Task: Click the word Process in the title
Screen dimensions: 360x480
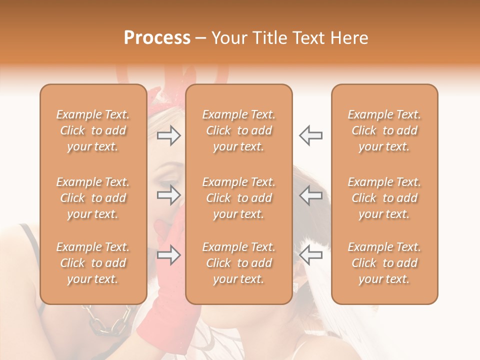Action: click(x=157, y=38)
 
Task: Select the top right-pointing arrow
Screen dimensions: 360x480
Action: click(x=168, y=135)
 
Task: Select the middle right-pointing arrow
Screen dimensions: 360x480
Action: click(x=168, y=195)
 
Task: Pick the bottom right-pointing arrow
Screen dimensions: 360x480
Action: click(x=168, y=255)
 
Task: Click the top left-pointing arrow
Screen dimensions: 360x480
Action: click(x=311, y=135)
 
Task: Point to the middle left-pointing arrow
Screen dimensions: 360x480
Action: click(x=311, y=195)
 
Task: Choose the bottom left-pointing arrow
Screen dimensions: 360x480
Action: click(x=311, y=255)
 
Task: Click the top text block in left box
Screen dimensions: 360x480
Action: click(x=93, y=130)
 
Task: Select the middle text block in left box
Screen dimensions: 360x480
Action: click(x=93, y=198)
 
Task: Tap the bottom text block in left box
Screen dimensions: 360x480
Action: click(x=93, y=263)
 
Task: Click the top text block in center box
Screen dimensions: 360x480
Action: click(x=238, y=130)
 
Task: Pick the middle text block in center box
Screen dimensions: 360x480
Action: click(x=238, y=198)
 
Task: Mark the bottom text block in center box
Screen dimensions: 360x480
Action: click(x=238, y=263)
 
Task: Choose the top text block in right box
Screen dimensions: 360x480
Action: click(x=384, y=130)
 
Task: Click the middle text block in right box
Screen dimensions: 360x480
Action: click(x=384, y=198)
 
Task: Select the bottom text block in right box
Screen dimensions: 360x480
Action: click(x=384, y=263)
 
